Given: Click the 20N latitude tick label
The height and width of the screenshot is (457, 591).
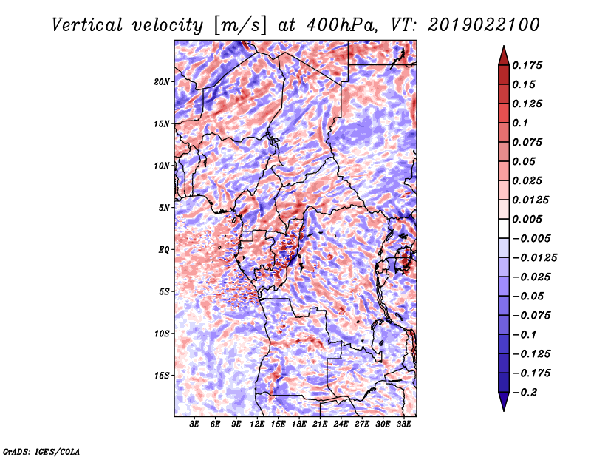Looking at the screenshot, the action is click(x=162, y=82).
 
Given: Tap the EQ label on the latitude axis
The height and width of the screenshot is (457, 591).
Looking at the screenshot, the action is click(x=164, y=250).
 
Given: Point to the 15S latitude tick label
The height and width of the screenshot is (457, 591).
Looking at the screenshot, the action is click(x=162, y=376).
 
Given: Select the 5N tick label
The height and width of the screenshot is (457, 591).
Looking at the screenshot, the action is click(x=164, y=208).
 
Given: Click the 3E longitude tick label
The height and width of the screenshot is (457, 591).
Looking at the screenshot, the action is click(x=194, y=424).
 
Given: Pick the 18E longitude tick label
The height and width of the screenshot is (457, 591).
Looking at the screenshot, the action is click(x=299, y=424).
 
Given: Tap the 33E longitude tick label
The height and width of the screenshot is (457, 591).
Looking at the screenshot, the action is click(x=403, y=424).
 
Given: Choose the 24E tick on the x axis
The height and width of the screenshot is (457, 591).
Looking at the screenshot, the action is click(x=341, y=424).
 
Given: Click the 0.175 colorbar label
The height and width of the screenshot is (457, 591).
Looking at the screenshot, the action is click(x=527, y=65).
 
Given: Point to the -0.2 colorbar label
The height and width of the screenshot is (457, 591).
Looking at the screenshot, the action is click(x=524, y=393).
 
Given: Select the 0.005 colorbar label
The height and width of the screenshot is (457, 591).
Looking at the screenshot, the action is click(x=527, y=219).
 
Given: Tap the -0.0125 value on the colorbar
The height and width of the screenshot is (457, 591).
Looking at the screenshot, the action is click(x=534, y=258).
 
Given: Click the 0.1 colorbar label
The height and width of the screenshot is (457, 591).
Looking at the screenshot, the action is click(x=520, y=123).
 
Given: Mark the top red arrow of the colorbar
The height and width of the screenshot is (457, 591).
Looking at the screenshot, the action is click(x=504, y=57).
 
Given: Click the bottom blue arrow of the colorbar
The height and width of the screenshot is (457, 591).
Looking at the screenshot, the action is click(x=504, y=401).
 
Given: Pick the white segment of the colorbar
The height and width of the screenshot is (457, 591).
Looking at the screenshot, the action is click(x=504, y=228).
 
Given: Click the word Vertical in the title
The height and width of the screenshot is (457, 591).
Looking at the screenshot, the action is click(x=87, y=25).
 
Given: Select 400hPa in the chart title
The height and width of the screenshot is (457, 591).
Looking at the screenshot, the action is click(x=341, y=25).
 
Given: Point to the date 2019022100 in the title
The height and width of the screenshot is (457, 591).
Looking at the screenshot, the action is click(x=484, y=25).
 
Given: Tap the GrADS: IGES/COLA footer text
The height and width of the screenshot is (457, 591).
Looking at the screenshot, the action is click(x=41, y=451).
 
